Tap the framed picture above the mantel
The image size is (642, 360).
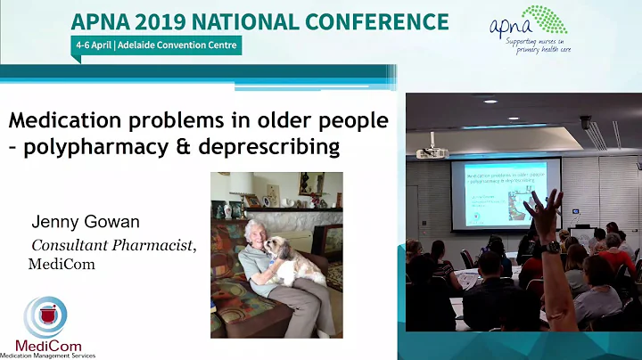tap(311, 184)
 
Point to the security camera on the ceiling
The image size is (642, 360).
tap(586, 122)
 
